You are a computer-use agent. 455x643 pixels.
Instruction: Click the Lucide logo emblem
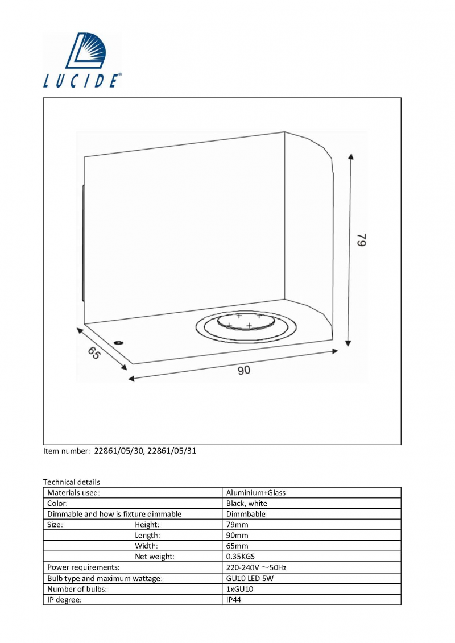click(x=86, y=51)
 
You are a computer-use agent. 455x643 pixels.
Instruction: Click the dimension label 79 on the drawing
click(x=361, y=240)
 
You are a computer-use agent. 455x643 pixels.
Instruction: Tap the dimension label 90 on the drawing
click(x=243, y=370)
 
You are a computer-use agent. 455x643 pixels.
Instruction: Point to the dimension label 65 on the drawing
click(x=94, y=353)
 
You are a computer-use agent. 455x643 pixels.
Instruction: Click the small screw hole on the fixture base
click(x=119, y=342)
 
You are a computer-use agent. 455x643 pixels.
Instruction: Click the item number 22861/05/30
click(x=119, y=451)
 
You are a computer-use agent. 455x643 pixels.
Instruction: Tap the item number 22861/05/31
click(x=172, y=451)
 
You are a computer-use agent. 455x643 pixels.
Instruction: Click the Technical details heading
click(x=72, y=482)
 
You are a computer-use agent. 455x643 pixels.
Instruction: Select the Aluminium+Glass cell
click(x=255, y=493)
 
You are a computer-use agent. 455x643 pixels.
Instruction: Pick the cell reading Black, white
click(x=247, y=504)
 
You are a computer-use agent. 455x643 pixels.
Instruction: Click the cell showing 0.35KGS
click(x=241, y=557)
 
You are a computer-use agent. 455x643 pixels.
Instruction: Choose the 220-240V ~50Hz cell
click(x=256, y=567)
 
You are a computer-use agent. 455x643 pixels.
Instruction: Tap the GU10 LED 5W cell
click(x=250, y=579)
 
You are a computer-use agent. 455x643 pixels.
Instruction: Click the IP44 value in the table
click(x=233, y=600)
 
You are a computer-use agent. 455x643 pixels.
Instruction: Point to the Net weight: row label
click(x=155, y=557)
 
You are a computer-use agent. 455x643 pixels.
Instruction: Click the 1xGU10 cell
click(x=239, y=590)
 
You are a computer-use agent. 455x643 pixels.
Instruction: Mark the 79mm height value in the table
click(x=237, y=525)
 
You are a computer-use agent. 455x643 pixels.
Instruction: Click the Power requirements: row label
click(x=83, y=567)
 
